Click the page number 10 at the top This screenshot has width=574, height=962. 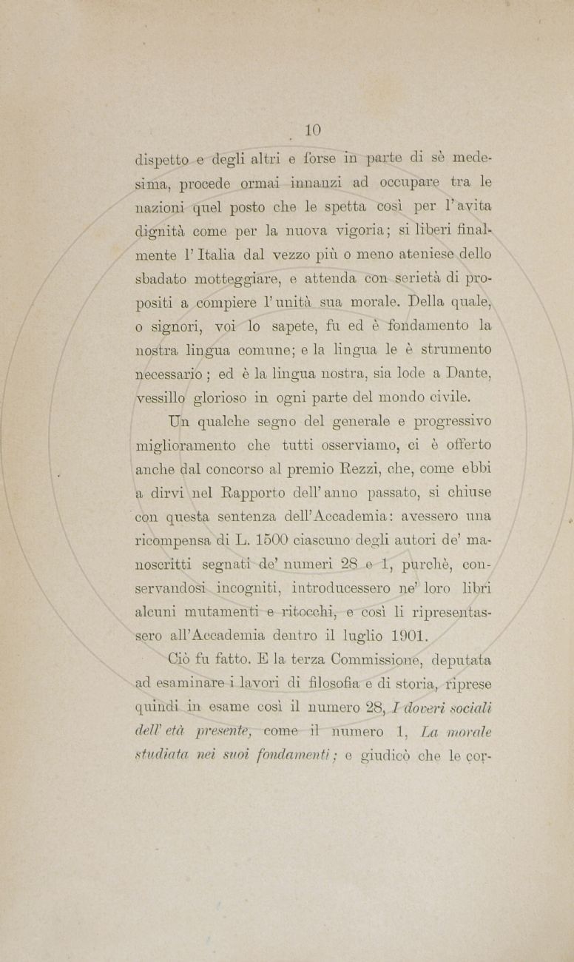coord(312,130)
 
